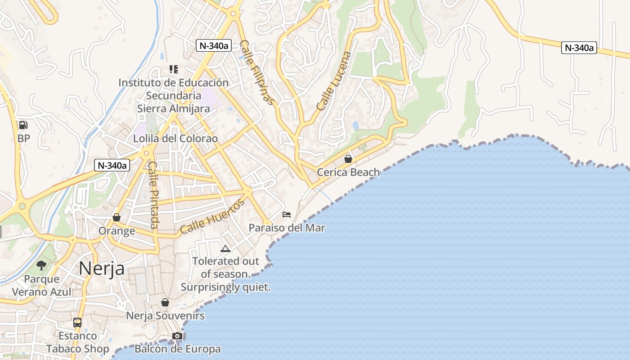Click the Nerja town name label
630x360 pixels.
(x=102, y=269)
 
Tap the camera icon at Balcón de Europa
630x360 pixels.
(x=177, y=336)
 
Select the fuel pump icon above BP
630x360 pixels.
(x=23, y=125)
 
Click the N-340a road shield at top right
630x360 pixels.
(x=579, y=48)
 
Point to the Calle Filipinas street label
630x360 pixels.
(x=256, y=72)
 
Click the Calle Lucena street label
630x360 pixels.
(x=333, y=81)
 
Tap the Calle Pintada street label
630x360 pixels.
(x=153, y=194)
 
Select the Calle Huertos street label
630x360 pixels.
(x=212, y=216)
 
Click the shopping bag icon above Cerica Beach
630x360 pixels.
(x=348, y=158)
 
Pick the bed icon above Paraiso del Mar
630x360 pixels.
(x=287, y=214)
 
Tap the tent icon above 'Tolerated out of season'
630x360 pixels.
(x=225, y=248)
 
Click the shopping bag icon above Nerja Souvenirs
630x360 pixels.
(x=165, y=302)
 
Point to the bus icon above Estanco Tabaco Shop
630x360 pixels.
(x=77, y=322)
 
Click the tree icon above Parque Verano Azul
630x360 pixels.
(x=41, y=265)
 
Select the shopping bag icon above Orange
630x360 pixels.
(x=117, y=217)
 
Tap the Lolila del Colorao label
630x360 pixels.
(x=175, y=139)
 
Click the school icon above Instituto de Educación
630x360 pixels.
(x=173, y=69)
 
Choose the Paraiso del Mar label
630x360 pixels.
(x=287, y=228)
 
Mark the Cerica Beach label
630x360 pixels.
(x=348, y=172)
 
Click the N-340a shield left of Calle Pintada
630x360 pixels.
(x=112, y=165)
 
